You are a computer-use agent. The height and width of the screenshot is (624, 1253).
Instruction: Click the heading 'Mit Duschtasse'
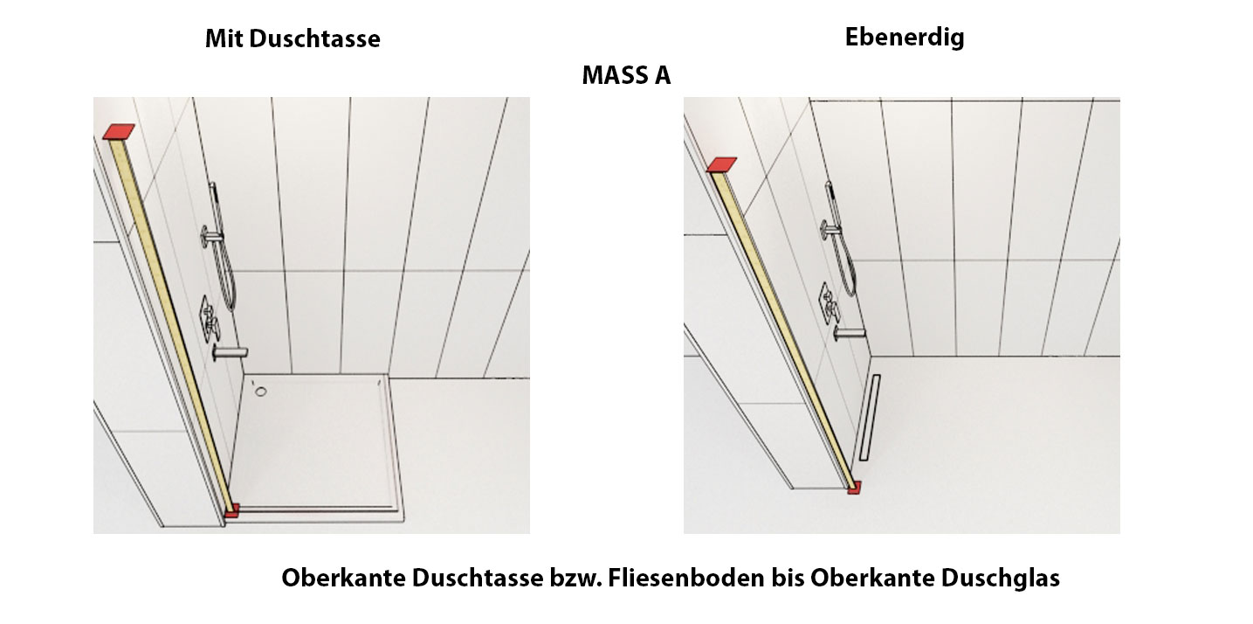point(293,38)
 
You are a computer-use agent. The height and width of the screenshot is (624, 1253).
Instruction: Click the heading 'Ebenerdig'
point(905,38)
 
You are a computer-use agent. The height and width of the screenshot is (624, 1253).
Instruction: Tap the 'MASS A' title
point(626,75)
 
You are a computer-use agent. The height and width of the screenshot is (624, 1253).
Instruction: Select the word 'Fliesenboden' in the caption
point(686,578)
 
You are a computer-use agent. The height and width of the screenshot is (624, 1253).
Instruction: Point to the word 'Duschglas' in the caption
point(1000,578)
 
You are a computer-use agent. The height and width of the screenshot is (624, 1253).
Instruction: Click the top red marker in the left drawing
point(119,131)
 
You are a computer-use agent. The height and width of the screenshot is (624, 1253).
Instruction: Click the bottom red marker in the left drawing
point(231,510)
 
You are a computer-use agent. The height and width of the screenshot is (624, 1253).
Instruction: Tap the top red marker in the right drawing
point(721,164)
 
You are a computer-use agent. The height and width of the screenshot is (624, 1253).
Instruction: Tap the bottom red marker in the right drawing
point(854,488)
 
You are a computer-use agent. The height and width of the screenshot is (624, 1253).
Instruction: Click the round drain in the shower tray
point(261,392)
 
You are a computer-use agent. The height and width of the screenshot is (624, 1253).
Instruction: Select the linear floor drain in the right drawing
point(869,418)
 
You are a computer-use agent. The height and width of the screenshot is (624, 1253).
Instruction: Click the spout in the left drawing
point(230,352)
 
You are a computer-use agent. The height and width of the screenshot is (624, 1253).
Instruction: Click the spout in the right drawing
point(849,333)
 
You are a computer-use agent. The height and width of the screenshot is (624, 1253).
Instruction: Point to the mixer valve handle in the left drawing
point(210,320)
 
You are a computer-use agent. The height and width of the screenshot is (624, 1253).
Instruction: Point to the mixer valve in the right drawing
point(830,303)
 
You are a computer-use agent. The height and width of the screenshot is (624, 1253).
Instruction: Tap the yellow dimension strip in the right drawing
point(782,328)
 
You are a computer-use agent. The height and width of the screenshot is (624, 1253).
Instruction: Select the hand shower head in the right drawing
point(830,193)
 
